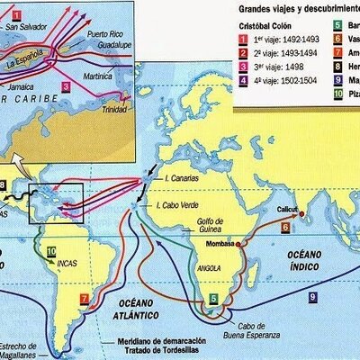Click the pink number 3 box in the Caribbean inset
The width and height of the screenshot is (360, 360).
[65, 87]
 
